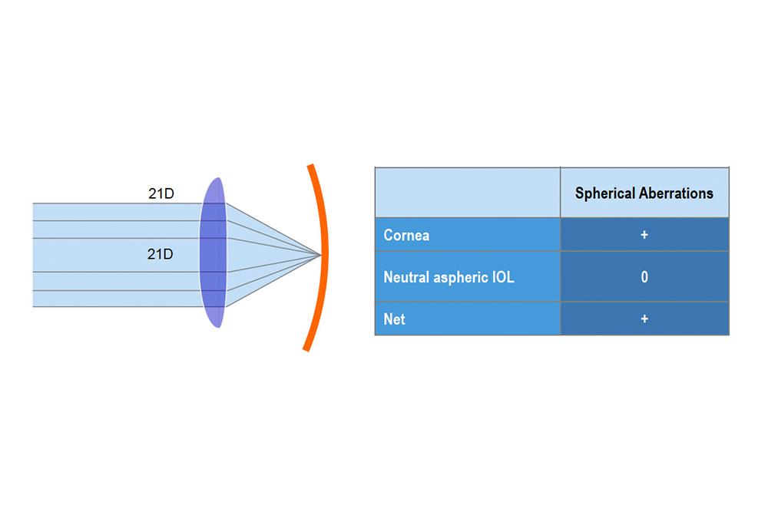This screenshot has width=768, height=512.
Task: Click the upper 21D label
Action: (x=161, y=193)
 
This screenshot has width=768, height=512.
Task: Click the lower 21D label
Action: (x=161, y=254)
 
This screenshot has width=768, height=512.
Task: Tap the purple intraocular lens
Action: (x=213, y=252)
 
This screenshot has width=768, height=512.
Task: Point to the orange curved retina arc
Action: (x=323, y=255)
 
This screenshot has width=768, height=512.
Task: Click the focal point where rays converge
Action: (x=321, y=255)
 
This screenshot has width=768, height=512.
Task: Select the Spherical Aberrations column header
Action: (x=644, y=193)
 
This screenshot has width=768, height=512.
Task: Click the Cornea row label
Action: (x=406, y=236)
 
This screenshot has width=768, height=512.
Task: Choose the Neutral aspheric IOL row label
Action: (x=449, y=278)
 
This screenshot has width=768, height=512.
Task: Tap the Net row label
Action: (x=394, y=319)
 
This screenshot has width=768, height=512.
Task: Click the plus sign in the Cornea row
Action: (x=644, y=235)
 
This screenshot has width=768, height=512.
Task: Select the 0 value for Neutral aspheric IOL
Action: (x=644, y=277)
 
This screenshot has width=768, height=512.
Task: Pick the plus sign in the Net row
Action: (x=644, y=319)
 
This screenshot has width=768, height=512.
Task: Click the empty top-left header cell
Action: (x=468, y=193)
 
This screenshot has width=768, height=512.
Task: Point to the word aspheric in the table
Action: (x=461, y=278)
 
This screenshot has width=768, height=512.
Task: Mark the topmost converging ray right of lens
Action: (x=273, y=229)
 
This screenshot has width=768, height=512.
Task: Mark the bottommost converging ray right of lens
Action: (x=273, y=281)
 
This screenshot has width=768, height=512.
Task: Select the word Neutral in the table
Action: (x=406, y=278)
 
